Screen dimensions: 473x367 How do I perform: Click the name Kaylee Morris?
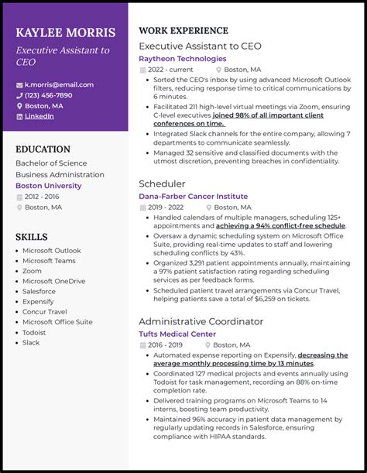click(65, 33)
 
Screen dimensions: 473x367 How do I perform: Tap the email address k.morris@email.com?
click(59, 84)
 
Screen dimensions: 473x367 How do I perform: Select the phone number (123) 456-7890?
click(48, 95)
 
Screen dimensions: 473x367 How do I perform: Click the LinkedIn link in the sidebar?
click(39, 116)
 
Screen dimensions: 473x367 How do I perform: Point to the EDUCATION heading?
click(43, 149)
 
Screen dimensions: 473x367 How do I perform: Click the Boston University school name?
click(48, 186)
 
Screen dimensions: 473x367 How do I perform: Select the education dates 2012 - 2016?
click(42, 197)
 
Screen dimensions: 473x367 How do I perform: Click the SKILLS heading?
click(31, 237)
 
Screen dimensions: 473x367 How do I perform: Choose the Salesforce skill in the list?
click(39, 291)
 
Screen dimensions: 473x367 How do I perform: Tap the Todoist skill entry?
click(35, 332)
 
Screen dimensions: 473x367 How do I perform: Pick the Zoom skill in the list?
click(32, 271)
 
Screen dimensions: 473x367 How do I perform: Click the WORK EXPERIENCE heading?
click(183, 31)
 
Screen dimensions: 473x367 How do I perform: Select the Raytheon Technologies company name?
click(183, 58)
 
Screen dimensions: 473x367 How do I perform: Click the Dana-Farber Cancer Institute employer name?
click(194, 197)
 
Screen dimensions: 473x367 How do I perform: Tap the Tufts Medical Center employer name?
click(177, 334)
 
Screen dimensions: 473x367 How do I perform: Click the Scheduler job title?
click(162, 184)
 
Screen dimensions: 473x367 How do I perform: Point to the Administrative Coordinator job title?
click(201, 321)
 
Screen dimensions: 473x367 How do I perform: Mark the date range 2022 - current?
click(171, 69)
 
